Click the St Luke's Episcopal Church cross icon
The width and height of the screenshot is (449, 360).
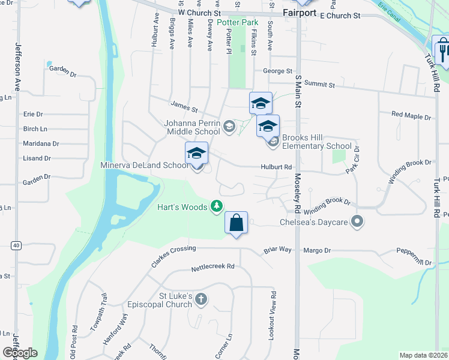point(201,299)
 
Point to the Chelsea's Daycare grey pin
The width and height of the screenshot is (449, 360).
point(358,223)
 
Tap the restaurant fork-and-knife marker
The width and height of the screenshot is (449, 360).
point(443,49)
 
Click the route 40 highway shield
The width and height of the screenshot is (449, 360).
point(16,245)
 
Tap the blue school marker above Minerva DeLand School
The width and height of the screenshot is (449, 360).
point(196,153)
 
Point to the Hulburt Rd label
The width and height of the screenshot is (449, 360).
point(276,167)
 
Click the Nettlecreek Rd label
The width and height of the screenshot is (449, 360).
point(212,267)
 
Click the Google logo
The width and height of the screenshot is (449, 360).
point(20,353)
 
